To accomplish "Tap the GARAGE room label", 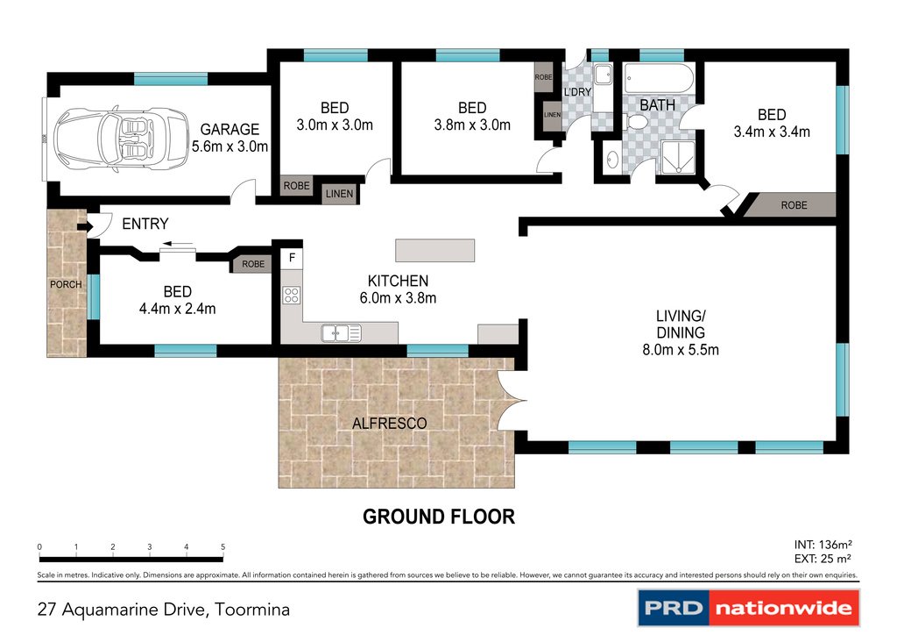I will (230, 130).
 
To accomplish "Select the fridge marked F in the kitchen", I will (292, 260).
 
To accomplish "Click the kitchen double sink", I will (341, 332).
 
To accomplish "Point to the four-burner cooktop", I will (292, 296).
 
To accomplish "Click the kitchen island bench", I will (434, 251).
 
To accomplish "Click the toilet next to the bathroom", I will (612, 160).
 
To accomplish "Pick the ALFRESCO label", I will (389, 424).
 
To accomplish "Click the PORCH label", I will (66, 284).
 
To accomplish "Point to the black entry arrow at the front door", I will (83, 228).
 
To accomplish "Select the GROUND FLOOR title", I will (439, 517).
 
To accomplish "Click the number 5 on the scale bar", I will (222, 546).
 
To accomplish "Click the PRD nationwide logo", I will (747, 608).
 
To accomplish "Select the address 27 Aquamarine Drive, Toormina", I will (163, 609).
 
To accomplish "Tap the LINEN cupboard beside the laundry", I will (552, 115).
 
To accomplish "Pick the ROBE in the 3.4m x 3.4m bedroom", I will (793, 205).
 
